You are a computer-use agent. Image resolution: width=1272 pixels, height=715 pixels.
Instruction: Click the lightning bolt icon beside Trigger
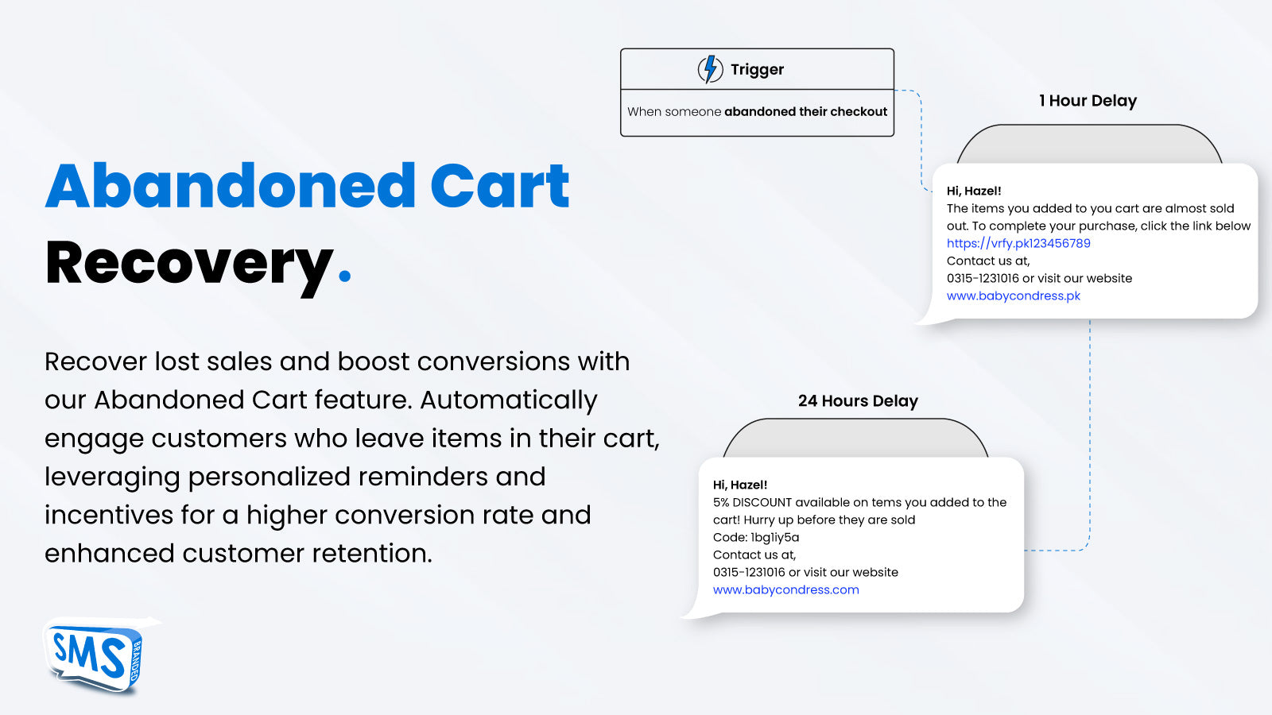(x=710, y=69)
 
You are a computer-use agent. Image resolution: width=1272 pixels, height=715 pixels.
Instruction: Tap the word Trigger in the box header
(x=757, y=70)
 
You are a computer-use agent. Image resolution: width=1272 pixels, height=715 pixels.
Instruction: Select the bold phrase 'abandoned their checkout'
(x=806, y=111)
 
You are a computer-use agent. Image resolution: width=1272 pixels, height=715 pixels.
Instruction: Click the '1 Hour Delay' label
(x=1088, y=100)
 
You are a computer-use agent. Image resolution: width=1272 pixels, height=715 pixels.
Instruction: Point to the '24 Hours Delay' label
(x=858, y=400)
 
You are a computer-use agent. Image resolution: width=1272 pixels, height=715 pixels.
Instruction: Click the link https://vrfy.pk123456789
(x=1018, y=243)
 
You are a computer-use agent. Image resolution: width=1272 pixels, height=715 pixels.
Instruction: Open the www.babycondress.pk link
(x=1014, y=296)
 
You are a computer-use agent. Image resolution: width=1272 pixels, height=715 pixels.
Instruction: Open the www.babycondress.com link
(x=786, y=589)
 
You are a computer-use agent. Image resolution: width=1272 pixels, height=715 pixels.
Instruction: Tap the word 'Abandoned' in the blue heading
(x=230, y=186)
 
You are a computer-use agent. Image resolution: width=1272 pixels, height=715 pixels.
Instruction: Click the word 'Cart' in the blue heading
(x=500, y=186)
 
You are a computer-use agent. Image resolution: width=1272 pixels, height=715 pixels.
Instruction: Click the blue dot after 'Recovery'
(x=345, y=276)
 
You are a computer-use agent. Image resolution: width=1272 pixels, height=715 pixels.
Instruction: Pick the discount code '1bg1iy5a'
(x=774, y=537)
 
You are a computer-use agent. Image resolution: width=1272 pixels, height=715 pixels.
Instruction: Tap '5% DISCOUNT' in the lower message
(x=752, y=502)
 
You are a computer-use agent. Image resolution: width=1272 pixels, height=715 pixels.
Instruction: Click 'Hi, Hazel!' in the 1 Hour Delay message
(x=974, y=191)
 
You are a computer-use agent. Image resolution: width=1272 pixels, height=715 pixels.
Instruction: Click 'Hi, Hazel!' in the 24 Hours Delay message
(x=740, y=485)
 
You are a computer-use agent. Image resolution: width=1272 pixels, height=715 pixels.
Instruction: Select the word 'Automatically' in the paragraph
(x=509, y=400)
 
